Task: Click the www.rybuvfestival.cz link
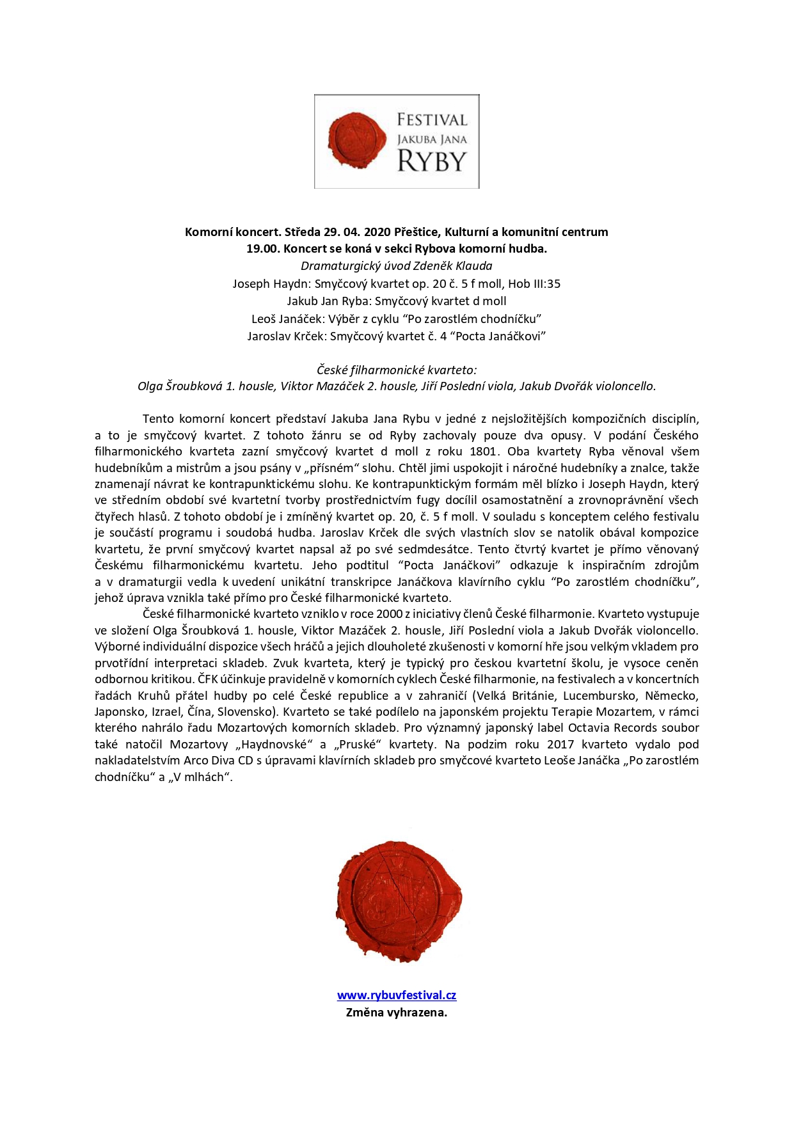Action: coord(397,995)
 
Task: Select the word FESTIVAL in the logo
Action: coord(432,120)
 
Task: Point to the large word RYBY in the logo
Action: coord(432,161)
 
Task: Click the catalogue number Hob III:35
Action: coord(534,283)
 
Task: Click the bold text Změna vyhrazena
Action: coord(397,1012)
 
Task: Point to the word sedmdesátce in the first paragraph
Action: coord(434,549)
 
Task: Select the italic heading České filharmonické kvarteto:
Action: coord(397,370)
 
